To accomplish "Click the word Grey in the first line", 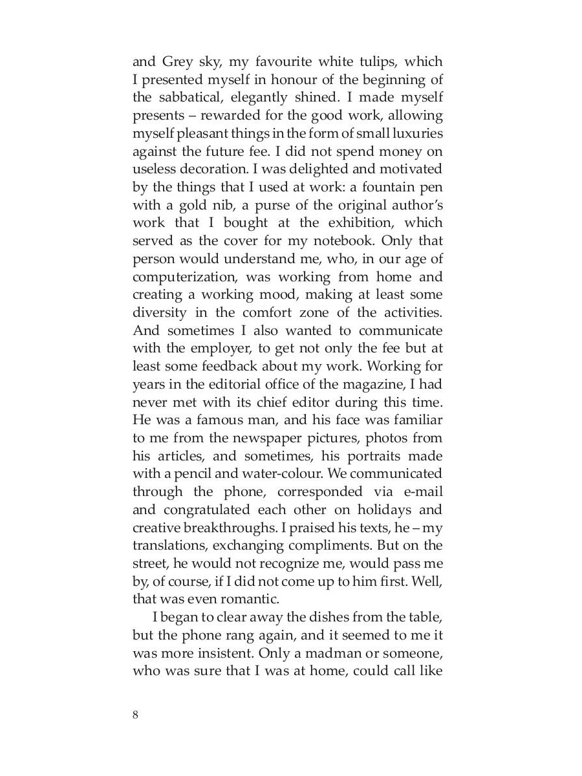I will pyautogui.click(x=177, y=62).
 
